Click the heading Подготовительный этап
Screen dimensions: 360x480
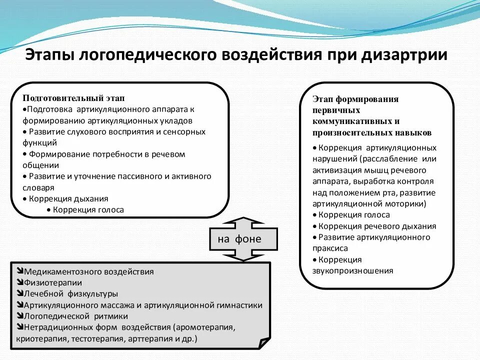[73, 98]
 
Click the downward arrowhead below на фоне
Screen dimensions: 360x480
[242, 255]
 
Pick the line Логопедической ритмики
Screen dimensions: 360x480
[75, 316]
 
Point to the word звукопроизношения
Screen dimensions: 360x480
[353, 271]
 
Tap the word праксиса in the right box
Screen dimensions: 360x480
[330, 248]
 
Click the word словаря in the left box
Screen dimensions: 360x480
[38, 188]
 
